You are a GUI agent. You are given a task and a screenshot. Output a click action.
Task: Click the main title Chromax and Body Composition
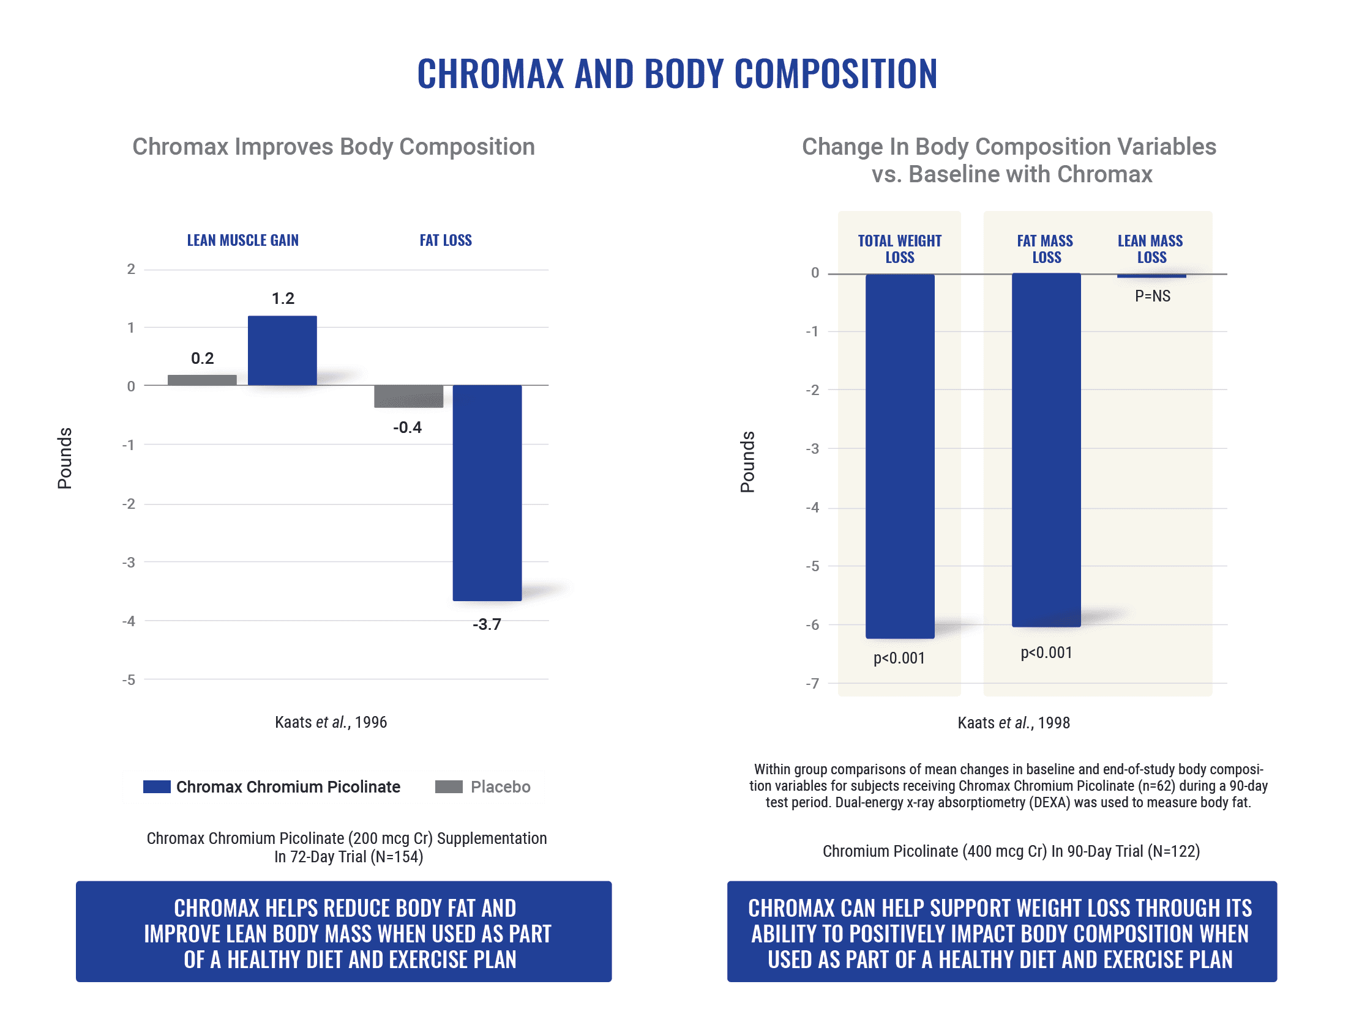(677, 74)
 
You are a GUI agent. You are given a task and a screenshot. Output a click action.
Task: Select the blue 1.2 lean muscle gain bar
(282, 350)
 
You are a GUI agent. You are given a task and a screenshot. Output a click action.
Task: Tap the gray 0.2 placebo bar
(202, 380)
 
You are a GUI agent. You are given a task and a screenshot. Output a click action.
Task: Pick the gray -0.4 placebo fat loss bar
(408, 396)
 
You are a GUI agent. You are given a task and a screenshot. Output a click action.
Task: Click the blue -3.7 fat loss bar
(487, 492)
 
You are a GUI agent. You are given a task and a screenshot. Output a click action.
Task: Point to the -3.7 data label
(487, 624)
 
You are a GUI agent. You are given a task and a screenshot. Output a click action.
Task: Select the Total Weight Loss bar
(900, 456)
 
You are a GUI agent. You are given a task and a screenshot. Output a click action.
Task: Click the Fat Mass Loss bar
(1046, 449)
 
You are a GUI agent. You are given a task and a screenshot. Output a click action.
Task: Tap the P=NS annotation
(1152, 296)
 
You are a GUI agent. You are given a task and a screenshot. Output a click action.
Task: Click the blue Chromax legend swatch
(157, 786)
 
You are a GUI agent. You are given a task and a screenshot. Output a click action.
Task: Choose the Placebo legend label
(500, 786)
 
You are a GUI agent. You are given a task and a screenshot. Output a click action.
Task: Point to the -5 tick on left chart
(129, 680)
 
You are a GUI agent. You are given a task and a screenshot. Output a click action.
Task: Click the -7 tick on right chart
(812, 684)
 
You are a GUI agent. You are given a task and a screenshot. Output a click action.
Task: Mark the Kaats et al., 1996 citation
(331, 722)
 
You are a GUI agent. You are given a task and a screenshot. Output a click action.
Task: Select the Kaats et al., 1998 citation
(1014, 723)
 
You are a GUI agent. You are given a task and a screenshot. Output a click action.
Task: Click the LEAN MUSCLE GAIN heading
(242, 240)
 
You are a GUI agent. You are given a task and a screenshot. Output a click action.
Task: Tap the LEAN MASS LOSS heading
(1151, 249)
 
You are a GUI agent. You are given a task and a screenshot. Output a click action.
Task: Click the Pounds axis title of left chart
(65, 458)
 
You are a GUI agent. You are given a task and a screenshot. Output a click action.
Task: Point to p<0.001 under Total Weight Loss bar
(899, 659)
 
